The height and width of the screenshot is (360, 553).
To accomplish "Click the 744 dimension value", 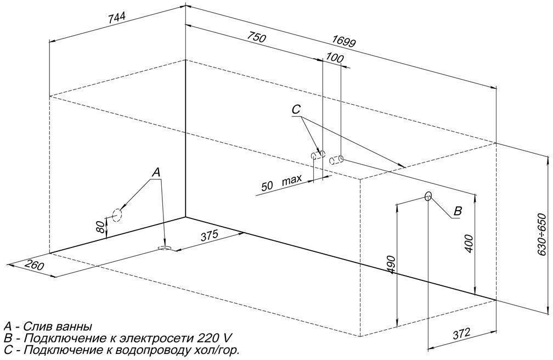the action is coord(116,19).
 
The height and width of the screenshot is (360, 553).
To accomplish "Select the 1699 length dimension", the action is coord(343,42).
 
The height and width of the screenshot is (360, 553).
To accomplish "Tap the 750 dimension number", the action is coord(256,37).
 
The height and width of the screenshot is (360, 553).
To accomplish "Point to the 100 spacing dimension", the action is coord(334,58).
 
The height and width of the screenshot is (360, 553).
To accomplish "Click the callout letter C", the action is coord(296,110).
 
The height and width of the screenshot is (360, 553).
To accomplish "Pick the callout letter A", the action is coord(156,172).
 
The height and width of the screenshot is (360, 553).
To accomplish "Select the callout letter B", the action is coord(457,211).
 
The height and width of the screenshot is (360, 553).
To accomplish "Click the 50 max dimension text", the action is coord(282,183).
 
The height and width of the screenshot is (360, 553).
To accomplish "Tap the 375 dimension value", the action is coord(210,236).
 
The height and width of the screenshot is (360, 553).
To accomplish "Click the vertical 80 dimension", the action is coord(101,226).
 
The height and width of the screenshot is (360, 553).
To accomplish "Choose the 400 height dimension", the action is coord(469,243).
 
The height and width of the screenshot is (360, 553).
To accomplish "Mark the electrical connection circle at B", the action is coord(428,196).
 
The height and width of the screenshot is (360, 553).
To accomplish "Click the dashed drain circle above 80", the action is coord(117,215).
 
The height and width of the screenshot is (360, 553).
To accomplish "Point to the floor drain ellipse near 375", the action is coord(165,248).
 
